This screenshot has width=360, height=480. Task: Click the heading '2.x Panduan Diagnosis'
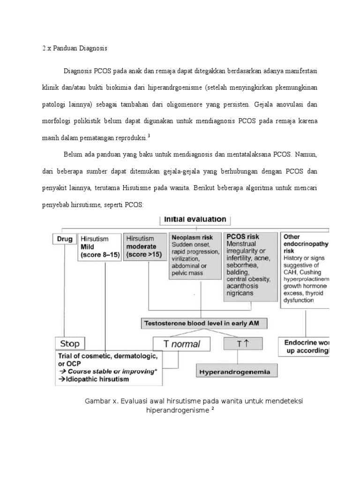(x=75, y=48)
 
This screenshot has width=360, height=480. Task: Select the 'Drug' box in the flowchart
(x=64, y=239)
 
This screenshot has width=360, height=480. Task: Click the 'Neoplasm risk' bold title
(x=192, y=238)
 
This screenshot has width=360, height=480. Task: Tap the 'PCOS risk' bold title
(x=243, y=236)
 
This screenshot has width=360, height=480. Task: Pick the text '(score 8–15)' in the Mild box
(x=100, y=255)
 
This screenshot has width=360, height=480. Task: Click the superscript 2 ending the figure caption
(x=212, y=408)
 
